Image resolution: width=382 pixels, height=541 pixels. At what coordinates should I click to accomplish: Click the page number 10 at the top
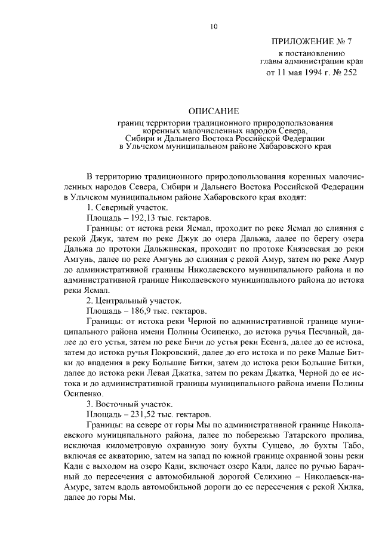tap(213, 26)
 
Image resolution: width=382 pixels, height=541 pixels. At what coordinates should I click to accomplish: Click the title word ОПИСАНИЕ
tap(214, 111)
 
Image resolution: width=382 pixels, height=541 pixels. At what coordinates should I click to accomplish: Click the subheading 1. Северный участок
tap(124, 207)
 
